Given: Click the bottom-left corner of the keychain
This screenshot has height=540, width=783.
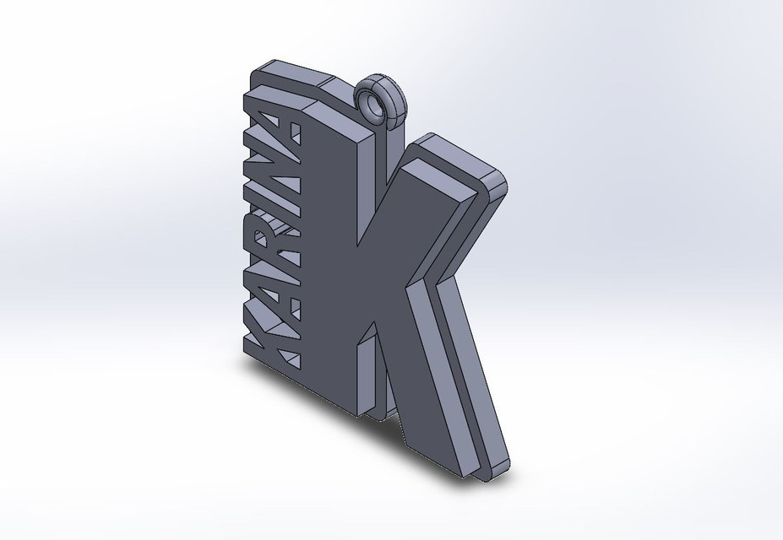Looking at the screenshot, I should pos(247,355).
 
